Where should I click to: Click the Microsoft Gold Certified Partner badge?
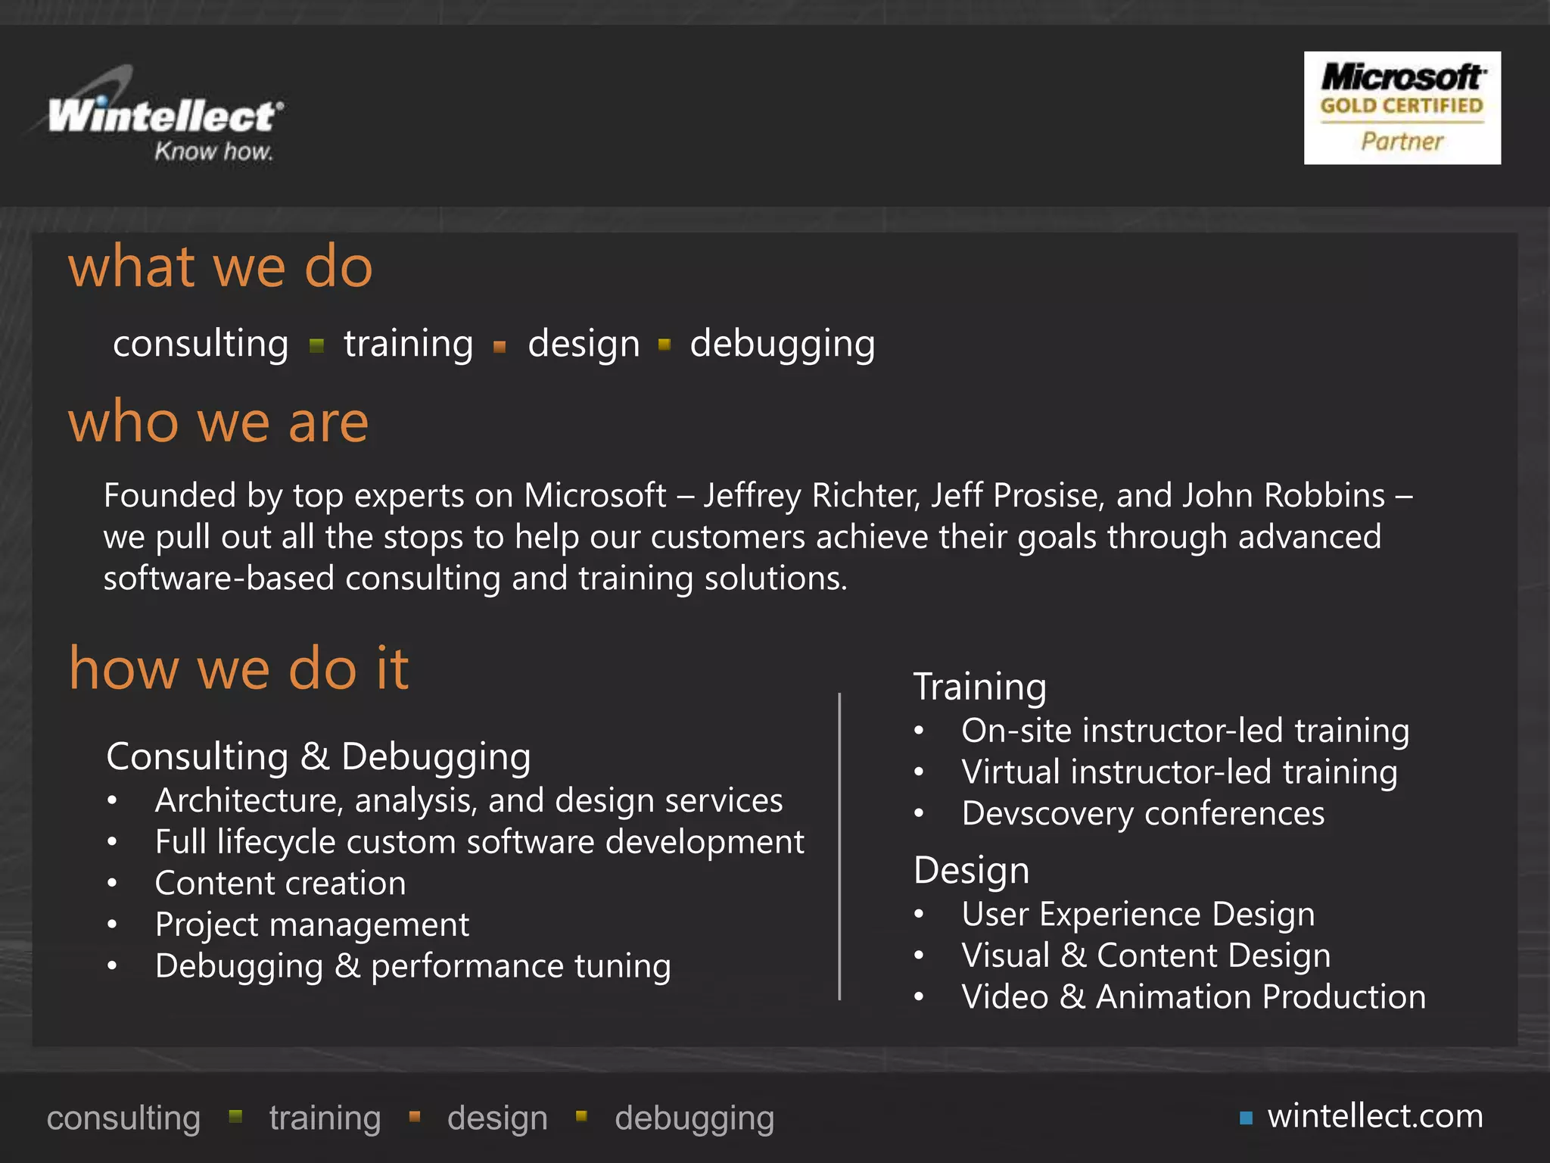(x=1402, y=108)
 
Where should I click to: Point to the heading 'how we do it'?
(x=238, y=668)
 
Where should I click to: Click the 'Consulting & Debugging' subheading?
(x=319, y=756)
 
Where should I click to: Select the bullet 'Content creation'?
(x=280, y=883)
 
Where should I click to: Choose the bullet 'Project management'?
(x=312, y=924)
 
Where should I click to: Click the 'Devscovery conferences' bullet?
(x=1143, y=813)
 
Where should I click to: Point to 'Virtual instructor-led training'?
(x=1179, y=772)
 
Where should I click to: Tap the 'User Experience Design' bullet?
(x=1138, y=914)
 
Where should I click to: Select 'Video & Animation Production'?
(x=1194, y=996)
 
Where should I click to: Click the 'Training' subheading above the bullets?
(x=980, y=686)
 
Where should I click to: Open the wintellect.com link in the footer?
(x=1375, y=1116)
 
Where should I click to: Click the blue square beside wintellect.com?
(x=1246, y=1118)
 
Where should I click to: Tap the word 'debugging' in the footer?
(x=694, y=1118)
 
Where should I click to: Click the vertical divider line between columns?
(x=839, y=846)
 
